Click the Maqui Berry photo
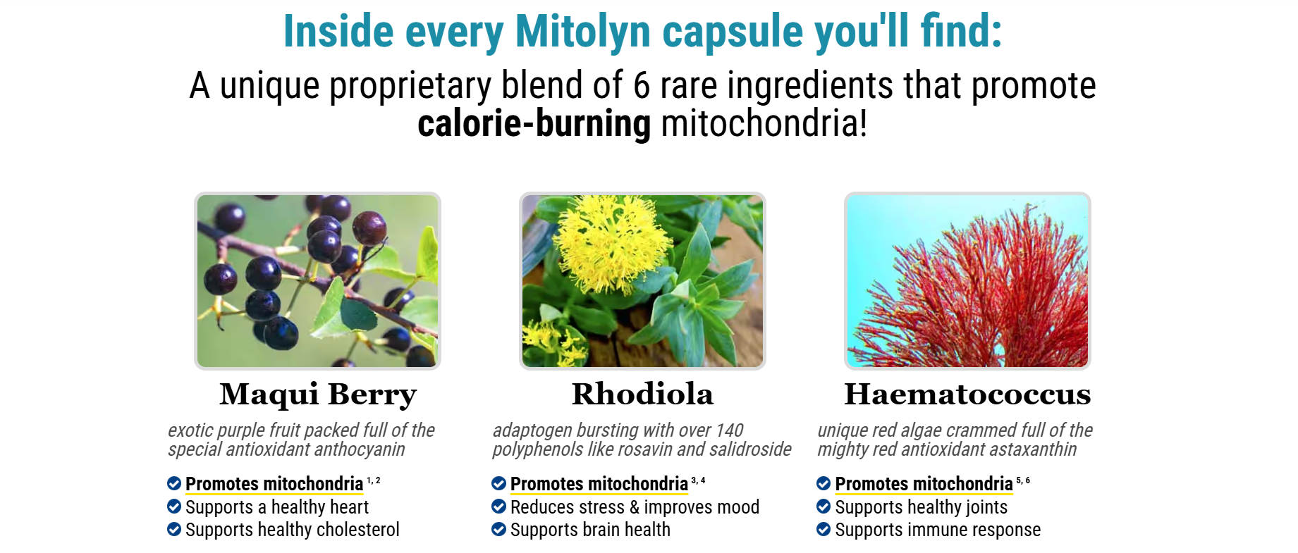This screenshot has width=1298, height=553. (x=317, y=281)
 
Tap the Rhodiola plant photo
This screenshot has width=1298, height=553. (x=642, y=281)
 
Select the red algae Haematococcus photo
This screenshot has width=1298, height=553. (x=967, y=281)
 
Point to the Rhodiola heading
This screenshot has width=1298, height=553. (x=642, y=394)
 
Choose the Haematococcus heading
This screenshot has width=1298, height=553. (x=967, y=394)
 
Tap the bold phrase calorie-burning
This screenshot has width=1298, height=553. (x=534, y=123)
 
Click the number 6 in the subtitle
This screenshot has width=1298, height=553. (x=642, y=86)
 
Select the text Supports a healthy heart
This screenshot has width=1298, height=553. (x=277, y=507)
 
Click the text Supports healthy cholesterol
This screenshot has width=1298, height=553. (x=293, y=530)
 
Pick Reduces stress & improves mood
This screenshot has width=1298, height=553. (x=635, y=507)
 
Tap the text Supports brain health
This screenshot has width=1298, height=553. (x=590, y=530)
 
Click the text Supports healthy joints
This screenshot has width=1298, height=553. (x=921, y=507)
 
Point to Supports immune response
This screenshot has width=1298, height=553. (x=938, y=530)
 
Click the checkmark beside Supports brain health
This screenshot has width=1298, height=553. (x=498, y=529)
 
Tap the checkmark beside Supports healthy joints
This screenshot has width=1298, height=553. (x=824, y=507)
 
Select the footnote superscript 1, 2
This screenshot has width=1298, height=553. (x=374, y=480)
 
